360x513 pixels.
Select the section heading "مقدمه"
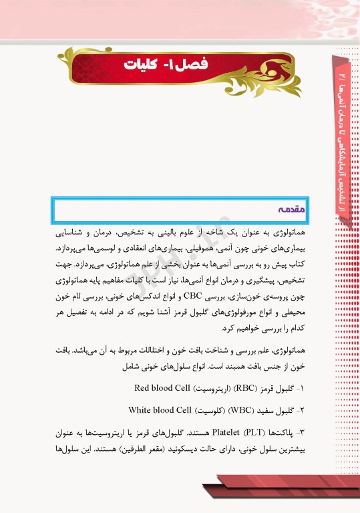(x=290, y=208)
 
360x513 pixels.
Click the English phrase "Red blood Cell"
(x=161, y=387)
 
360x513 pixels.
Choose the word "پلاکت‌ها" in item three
(x=281, y=432)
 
